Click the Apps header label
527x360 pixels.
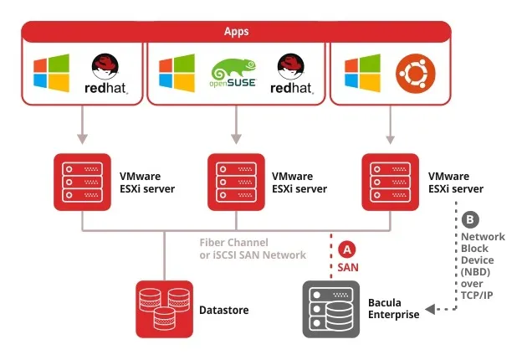pyautogui.click(x=236, y=32)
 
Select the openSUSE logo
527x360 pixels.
pyautogui.click(x=230, y=74)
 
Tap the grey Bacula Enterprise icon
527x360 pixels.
pyautogui.click(x=331, y=309)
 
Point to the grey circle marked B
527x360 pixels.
pyautogui.click(x=470, y=220)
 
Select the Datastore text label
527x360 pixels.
pyautogui.click(x=223, y=310)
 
